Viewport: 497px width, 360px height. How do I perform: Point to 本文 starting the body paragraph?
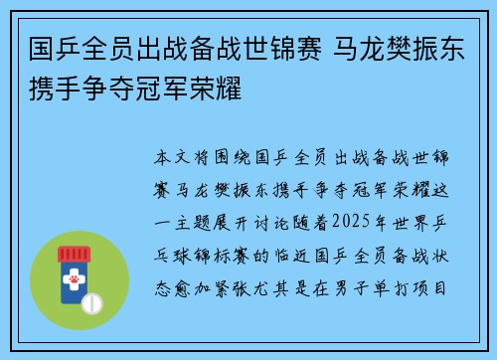click(170, 157)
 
